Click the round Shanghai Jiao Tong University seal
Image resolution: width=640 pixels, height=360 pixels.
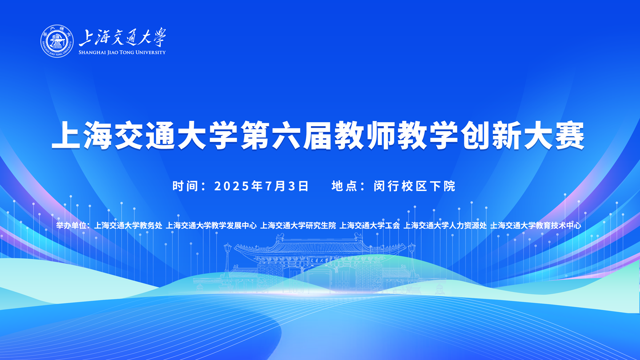click(x=57, y=41)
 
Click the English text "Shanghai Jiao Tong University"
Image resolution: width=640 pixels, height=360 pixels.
click(x=122, y=52)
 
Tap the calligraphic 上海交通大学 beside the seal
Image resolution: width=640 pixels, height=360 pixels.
click(x=123, y=37)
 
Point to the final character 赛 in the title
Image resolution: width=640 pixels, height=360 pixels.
click(x=570, y=135)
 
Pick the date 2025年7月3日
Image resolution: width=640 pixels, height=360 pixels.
click(x=261, y=186)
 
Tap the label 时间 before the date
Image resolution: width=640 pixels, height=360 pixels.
click(x=185, y=186)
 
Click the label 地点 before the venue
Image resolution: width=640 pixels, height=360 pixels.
click(x=344, y=186)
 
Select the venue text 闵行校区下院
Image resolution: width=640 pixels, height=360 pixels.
click(x=415, y=186)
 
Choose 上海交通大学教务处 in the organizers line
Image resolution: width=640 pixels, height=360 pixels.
click(x=128, y=226)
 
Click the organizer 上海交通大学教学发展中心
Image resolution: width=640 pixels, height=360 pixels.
click(x=211, y=226)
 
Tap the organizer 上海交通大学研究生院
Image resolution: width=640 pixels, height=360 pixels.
click(x=298, y=226)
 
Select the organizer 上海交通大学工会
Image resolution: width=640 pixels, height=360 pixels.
click(x=370, y=226)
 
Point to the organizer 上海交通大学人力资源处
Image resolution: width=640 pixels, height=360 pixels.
click(x=445, y=226)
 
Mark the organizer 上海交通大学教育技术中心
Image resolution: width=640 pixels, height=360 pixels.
click(x=536, y=226)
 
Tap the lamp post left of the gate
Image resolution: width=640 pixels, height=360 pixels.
click(x=227, y=261)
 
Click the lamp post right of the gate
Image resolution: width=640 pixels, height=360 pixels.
click(x=412, y=261)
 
